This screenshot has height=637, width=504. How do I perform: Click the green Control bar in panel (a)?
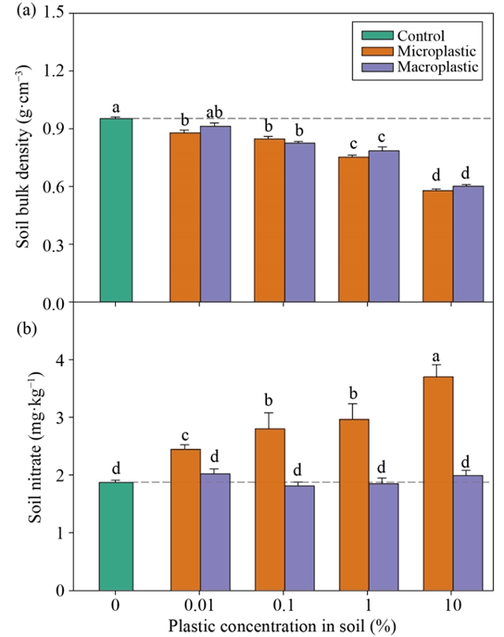tap(116, 210)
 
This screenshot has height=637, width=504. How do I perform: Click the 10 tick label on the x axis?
tap(452, 606)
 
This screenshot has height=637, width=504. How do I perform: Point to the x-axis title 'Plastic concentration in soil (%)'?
tap(281, 626)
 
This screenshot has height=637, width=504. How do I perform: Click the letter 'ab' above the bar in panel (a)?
tap(216, 112)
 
